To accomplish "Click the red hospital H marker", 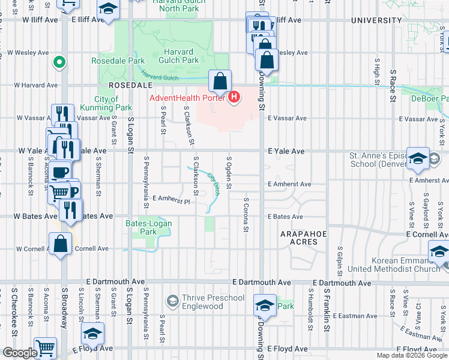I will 234,97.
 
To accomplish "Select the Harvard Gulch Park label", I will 178,56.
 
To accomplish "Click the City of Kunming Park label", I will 113,104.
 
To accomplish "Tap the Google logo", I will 19,353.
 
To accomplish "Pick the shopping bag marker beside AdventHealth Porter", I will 220,81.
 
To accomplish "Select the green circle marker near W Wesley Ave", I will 59,61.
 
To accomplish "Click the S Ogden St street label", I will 229,170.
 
